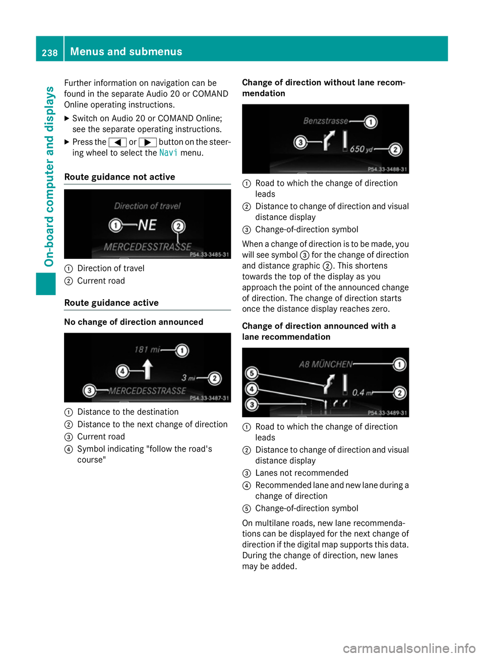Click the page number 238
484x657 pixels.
(49, 52)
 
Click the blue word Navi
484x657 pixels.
(168, 152)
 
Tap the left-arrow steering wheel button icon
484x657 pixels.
(117, 142)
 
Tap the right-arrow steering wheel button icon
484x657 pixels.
(147, 142)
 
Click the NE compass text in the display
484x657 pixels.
(147, 225)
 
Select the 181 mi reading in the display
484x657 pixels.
(147, 349)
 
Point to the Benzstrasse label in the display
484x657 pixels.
(325, 121)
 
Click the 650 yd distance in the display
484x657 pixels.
(361, 149)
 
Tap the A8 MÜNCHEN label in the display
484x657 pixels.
(325, 364)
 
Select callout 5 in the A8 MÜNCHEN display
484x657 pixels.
(251, 373)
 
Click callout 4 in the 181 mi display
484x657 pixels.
(123, 371)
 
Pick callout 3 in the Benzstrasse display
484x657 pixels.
(300, 142)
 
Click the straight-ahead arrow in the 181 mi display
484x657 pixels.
(147, 369)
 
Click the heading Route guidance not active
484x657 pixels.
(119, 177)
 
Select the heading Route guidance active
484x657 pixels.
(111, 303)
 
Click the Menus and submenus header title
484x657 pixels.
(126, 51)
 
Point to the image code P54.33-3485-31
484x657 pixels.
(209, 254)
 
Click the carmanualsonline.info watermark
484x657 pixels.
(409, 648)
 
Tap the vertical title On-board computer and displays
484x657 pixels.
(49, 176)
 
